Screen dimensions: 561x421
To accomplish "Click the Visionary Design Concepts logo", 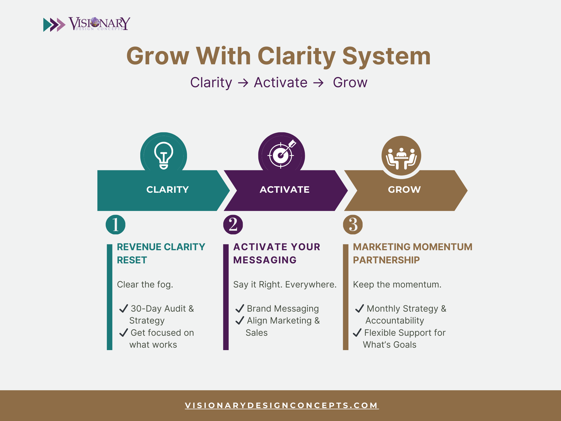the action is click(87, 24).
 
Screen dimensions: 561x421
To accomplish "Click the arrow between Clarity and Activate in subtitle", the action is click(243, 83).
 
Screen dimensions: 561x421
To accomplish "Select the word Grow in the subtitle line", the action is click(350, 83).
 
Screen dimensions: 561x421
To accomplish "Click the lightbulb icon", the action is click(164, 155).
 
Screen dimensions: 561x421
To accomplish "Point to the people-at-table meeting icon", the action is click(401, 158).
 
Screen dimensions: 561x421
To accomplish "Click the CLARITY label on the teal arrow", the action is click(167, 190).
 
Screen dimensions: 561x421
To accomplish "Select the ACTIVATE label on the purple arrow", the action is click(285, 190).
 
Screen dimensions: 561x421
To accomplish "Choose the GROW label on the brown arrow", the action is click(404, 190).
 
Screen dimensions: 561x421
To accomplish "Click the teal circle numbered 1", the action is click(115, 225).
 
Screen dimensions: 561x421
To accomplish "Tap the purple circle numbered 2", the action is click(233, 225).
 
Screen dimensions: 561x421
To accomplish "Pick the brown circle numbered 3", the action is click(353, 225).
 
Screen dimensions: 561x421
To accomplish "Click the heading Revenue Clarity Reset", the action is click(161, 253).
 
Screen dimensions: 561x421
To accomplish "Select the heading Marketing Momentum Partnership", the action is click(413, 253).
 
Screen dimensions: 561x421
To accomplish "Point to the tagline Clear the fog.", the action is click(145, 285).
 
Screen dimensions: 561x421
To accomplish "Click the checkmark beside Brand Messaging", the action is click(240, 308).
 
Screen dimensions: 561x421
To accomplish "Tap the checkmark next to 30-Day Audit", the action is click(123, 308).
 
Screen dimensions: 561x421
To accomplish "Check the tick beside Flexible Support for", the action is click(357, 332).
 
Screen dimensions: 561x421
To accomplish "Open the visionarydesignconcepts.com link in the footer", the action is click(282, 405).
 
